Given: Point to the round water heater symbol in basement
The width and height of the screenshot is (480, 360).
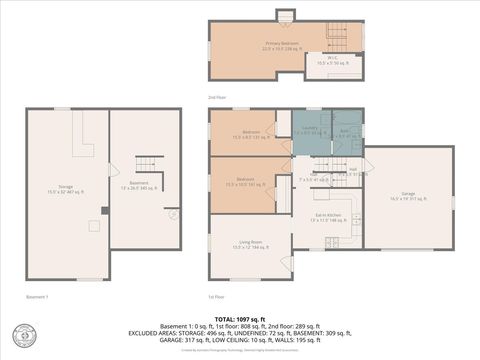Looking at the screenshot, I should (172, 213).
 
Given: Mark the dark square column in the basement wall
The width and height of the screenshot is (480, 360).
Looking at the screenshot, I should (104, 210).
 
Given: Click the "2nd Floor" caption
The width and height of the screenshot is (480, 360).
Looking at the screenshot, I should (216, 97).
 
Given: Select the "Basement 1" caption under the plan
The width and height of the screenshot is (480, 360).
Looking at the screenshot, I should (37, 297).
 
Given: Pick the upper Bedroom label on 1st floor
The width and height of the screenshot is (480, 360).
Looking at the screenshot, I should (250, 133).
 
